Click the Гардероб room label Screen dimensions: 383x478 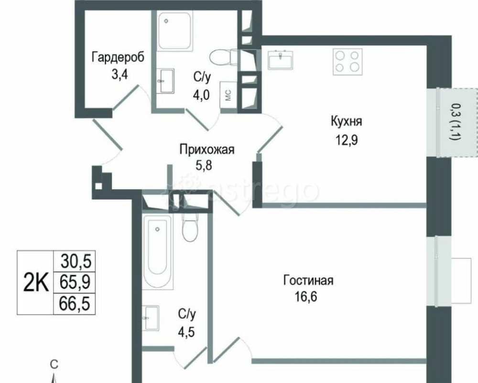(x=118, y=57)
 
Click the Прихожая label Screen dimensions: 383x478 (x=206, y=150)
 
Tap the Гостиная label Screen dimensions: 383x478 (x=308, y=280)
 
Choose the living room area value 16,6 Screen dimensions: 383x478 (x=306, y=298)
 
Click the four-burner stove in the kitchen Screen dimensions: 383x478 (x=347, y=62)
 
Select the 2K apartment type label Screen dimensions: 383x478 (x=36, y=283)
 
